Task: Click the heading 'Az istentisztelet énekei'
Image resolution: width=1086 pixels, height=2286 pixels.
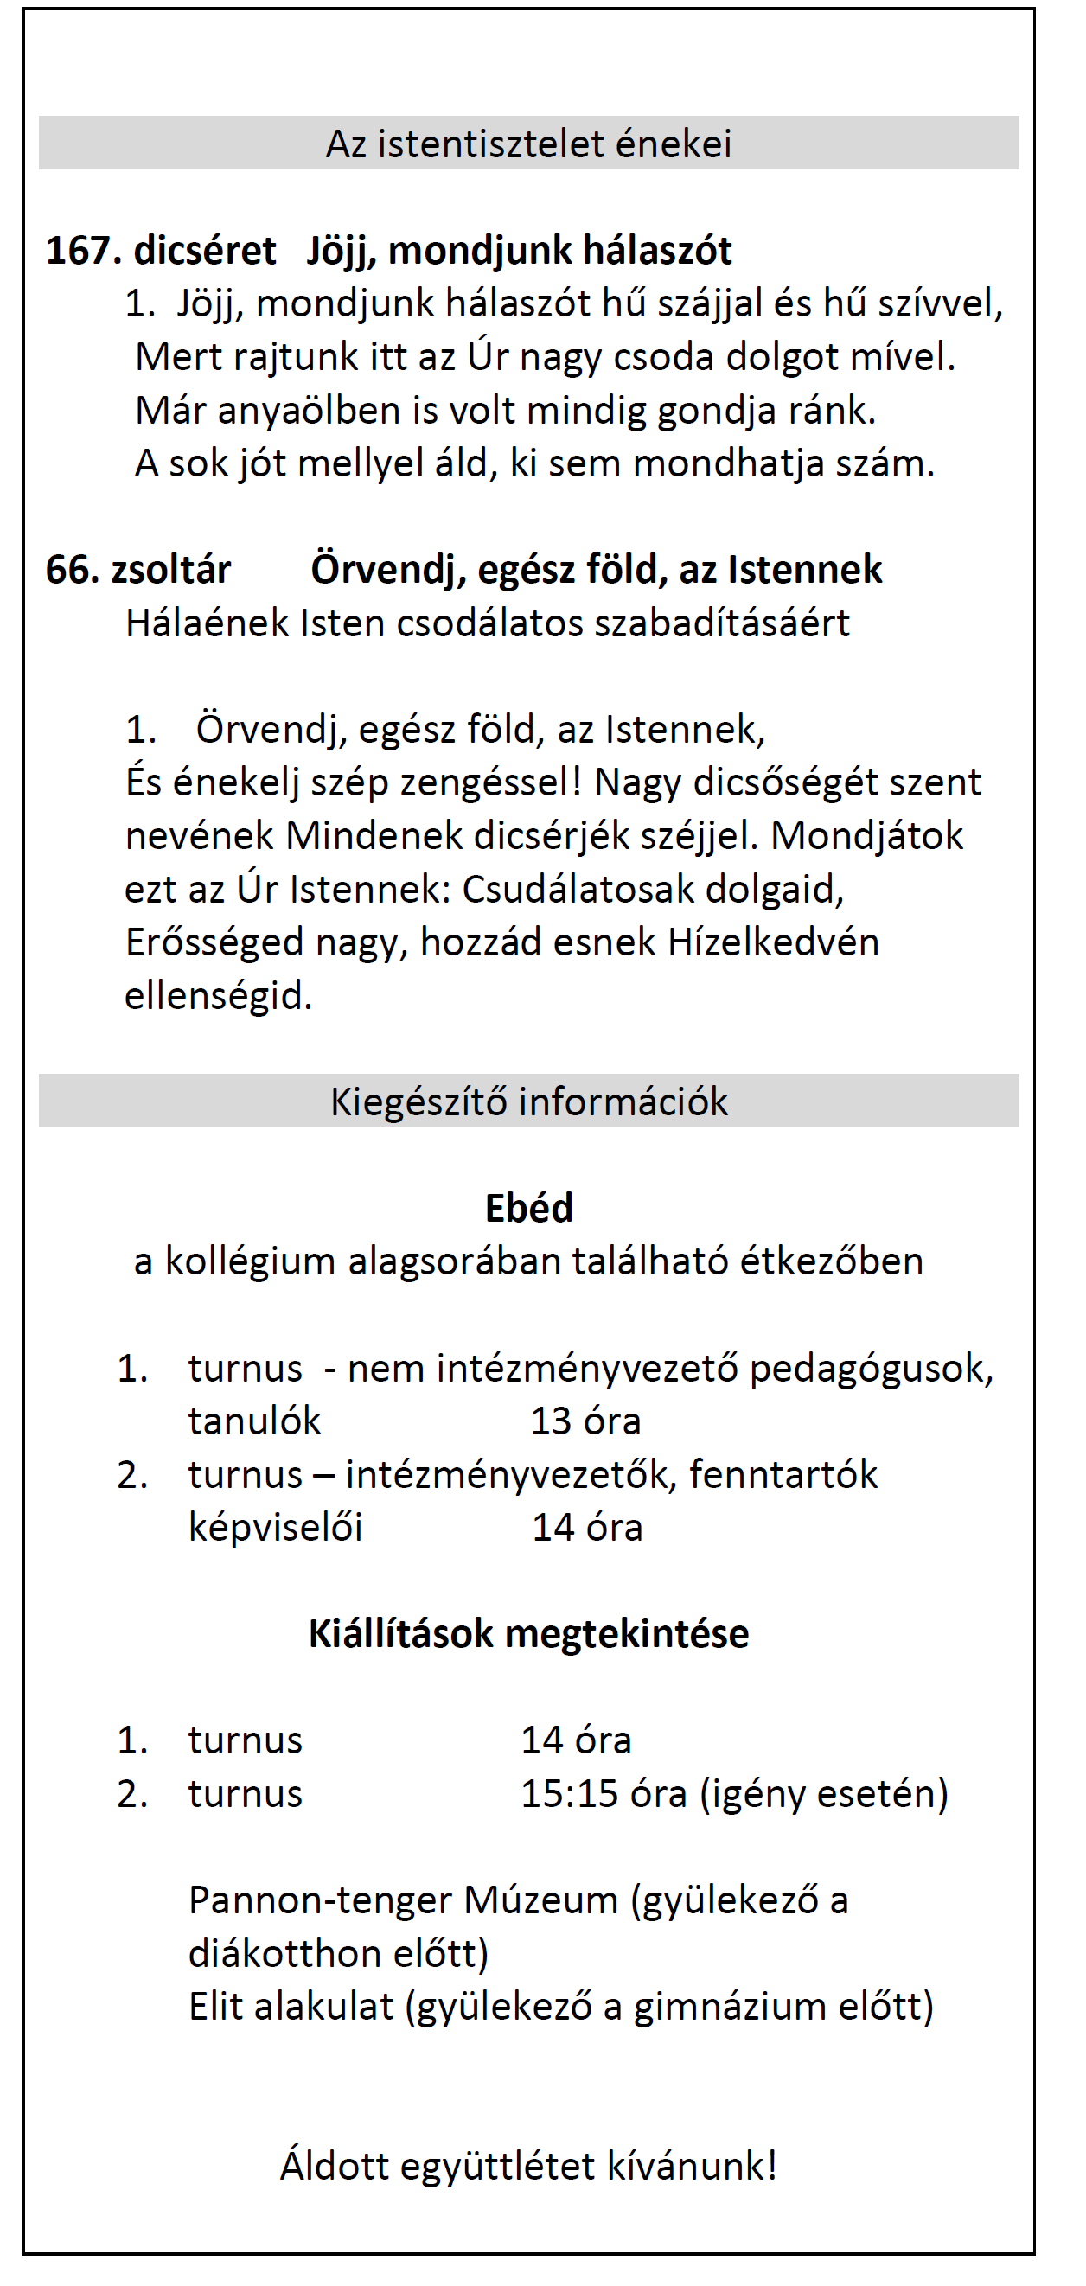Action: (529, 144)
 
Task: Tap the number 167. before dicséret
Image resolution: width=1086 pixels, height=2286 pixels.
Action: (83, 251)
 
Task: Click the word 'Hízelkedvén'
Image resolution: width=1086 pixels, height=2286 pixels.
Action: (773, 942)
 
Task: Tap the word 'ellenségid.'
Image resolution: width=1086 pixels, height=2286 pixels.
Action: (218, 996)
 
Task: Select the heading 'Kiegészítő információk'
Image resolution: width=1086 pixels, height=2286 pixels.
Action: (529, 1101)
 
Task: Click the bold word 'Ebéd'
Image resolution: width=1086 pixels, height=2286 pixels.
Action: (529, 1208)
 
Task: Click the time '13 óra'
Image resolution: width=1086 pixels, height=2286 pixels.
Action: (585, 1421)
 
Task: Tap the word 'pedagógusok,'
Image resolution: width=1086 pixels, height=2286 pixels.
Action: (872, 1369)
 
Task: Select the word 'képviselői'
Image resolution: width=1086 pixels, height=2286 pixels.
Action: (275, 1528)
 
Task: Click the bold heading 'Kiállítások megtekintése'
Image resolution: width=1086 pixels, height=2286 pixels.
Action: (529, 1634)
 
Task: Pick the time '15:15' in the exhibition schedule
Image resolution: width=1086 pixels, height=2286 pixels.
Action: (569, 1793)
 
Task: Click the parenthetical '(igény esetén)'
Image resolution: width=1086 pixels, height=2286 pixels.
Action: (824, 1793)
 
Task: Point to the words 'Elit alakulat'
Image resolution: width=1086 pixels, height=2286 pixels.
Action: (291, 2007)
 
